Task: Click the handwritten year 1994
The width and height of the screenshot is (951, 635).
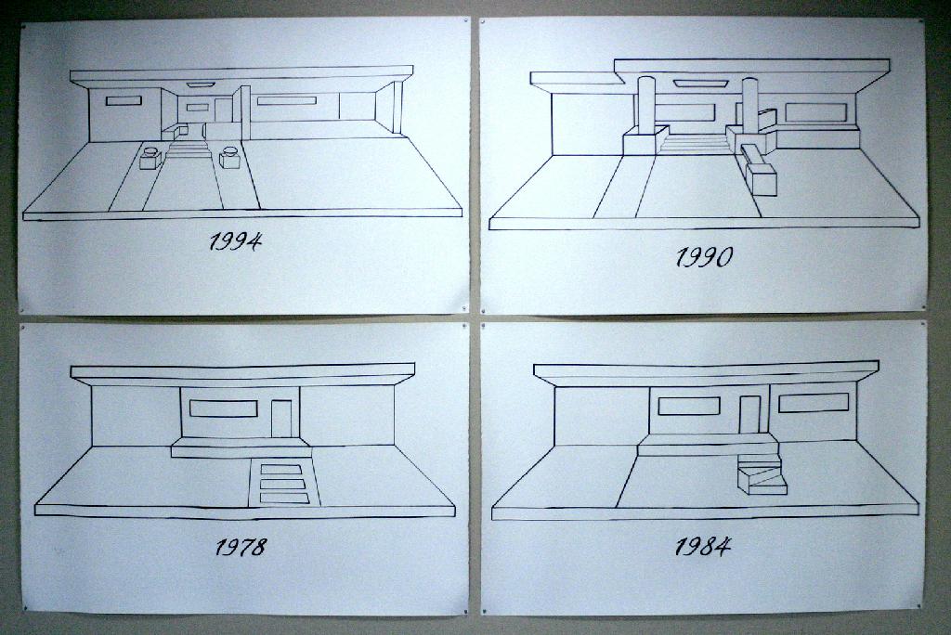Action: [x=235, y=242]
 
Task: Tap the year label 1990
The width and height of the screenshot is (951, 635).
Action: [x=703, y=257]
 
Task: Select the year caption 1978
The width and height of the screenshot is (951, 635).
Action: [x=241, y=547]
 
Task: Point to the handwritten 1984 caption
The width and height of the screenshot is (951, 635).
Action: [x=702, y=546]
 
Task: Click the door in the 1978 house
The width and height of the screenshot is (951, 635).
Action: [x=281, y=418]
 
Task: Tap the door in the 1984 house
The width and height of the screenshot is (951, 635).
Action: [x=749, y=414]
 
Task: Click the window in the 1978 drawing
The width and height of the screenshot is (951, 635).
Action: [x=223, y=408]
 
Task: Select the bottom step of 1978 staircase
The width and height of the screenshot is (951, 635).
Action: [x=284, y=499]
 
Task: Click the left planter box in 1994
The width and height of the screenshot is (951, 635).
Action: [x=150, y=159]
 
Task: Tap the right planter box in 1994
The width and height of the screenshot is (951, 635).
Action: [x=230, y=159]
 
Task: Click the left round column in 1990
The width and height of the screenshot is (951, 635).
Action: [x=645, y=104]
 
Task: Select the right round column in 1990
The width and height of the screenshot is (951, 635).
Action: [x=749, y=104]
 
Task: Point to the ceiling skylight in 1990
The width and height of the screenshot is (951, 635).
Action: [x=700, y=84]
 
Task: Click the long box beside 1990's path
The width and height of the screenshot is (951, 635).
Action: [x=760, y=174]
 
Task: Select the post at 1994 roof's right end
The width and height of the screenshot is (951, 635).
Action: [x=397, y=108]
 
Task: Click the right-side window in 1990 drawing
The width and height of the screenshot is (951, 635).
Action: [x=815, y=112]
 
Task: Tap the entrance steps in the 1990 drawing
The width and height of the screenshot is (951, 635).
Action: [x=695, y=143]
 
